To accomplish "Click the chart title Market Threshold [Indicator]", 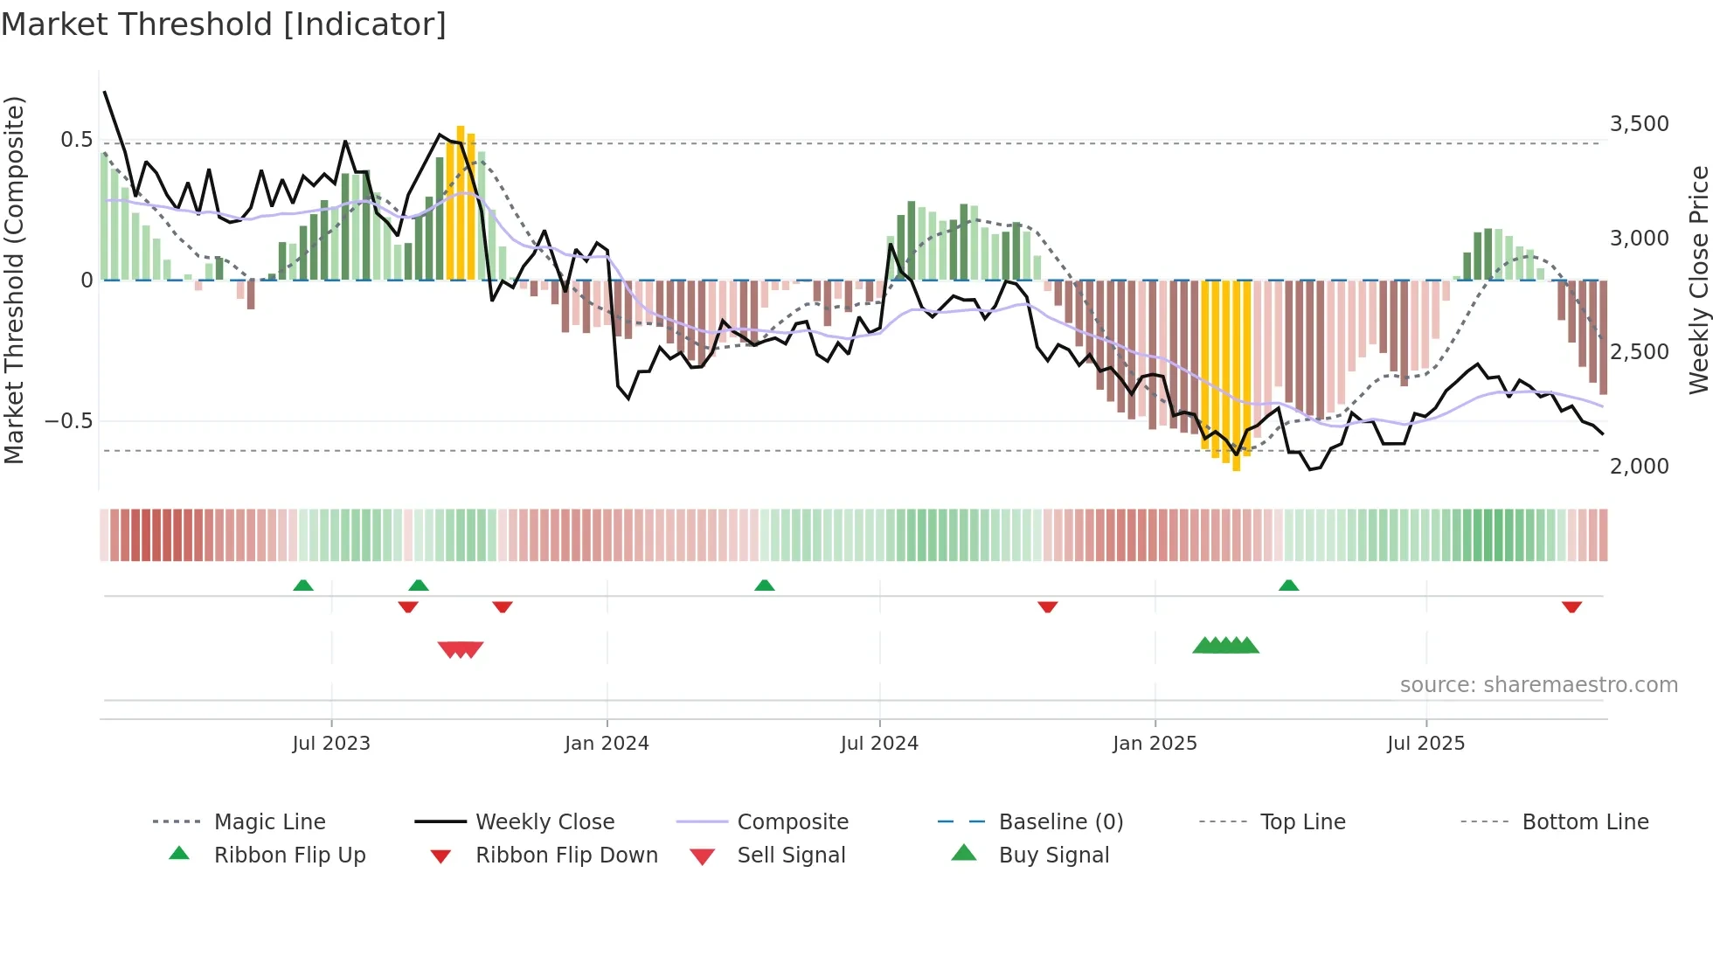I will (224, 24).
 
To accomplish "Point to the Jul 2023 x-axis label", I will (331, 744).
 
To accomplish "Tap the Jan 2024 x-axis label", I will (607, 744).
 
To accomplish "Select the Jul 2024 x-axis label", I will (879, 744).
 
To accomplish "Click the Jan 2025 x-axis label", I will (1155, 744).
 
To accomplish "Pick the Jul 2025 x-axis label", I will (1425, 744).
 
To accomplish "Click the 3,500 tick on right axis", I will (1640, 124).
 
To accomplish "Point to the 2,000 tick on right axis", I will (1640, 467).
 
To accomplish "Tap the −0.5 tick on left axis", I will (68, 421).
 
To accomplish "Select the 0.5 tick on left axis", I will (76, 140).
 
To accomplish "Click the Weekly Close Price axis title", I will (1698, 280).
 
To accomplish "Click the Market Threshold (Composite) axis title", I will (14, 280).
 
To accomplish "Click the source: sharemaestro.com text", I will (1538, 685).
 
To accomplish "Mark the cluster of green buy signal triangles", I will (1225, 646).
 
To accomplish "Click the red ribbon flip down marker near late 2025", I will (1571, 606).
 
